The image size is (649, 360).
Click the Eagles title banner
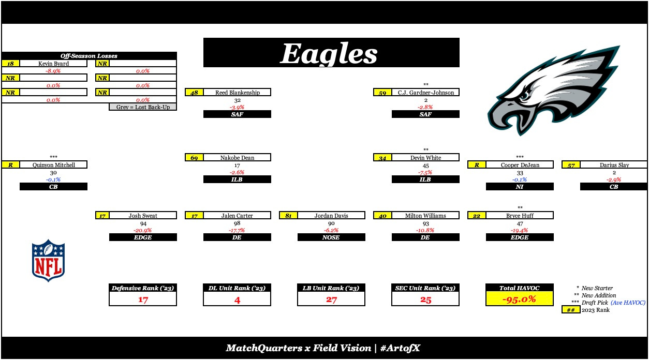coord(331,53)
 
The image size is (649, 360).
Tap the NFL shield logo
coord(48,260)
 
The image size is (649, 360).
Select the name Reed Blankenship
coord(237,93)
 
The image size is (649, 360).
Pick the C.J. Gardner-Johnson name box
coord(425,93)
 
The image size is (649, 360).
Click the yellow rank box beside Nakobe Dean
coord(194,158)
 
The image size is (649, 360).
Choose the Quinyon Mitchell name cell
coord(53,165)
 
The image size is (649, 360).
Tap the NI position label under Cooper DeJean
coord(520,187)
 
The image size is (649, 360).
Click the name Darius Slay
coord(614,165)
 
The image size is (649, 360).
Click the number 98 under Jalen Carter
coord(237,223)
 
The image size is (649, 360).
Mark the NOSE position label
coord(331,237)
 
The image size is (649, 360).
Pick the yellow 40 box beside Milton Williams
coord(382,216)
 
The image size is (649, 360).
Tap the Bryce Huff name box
coord(520,216)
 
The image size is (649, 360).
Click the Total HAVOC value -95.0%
coord(520,299)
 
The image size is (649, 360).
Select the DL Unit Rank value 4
coord(237,299)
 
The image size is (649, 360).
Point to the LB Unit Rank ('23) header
coord(331,288)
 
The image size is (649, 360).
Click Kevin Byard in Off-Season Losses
coord(53,64)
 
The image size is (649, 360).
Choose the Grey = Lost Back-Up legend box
coord(143,107)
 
